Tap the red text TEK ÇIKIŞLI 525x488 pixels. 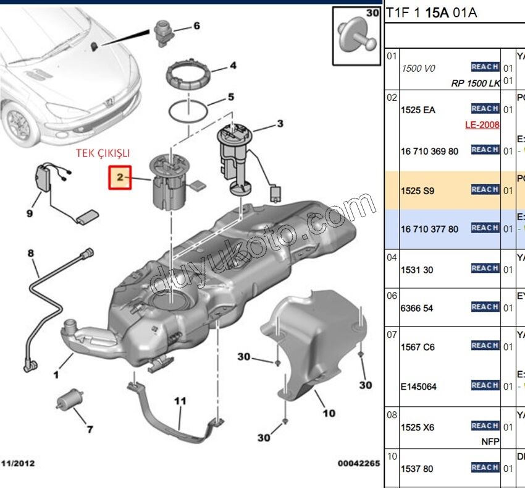[x=103, y=153]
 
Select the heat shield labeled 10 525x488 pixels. [x=309, y=346]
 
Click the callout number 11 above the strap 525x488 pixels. [x=180, y=401]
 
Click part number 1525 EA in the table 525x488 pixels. [x=418, y=110]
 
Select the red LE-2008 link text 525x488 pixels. [x=482, y=125]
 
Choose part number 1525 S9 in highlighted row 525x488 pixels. [x=418, y=190]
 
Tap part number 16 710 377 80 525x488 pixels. [x=430, y=229]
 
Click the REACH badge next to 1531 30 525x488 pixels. [x=485, y=268]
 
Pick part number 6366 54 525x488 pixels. [x=417, y=308]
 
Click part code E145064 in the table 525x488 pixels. [x=419, y=387]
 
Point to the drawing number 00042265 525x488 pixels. [x=358, y=463]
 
